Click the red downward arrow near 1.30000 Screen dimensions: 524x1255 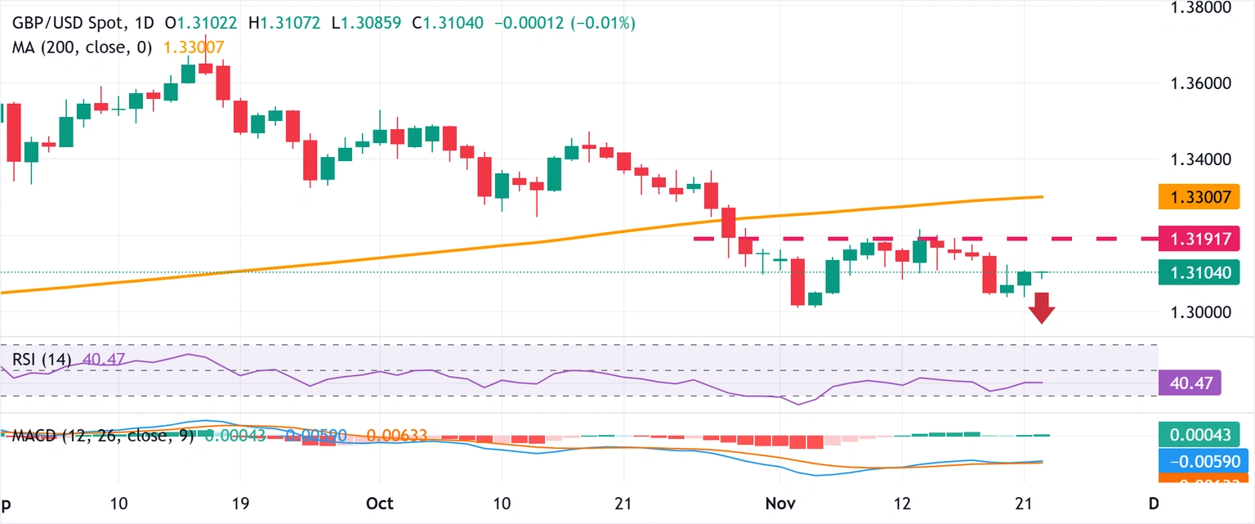(x=1042, y=308)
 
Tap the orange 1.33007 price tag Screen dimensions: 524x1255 (x=1199, y=196)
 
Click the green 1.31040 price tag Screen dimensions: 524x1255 (x=1199, y=271)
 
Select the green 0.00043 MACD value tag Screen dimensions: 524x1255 (x=1197, y=435)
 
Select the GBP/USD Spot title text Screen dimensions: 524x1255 (x=68, y=24)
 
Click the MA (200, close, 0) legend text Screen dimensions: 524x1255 (x=82, y=47)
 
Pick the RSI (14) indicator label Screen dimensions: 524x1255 (x=41, y=359)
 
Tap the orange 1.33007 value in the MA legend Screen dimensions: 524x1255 (x=194, y=47)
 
